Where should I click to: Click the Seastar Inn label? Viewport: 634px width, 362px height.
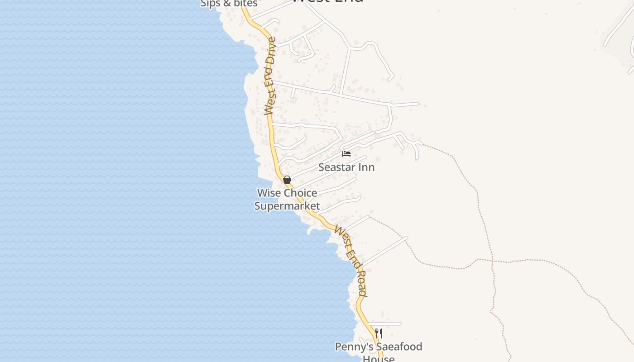pyautogui.click(x=346, y=167)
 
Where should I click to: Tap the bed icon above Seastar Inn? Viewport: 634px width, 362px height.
pyautogui.click(x=346, y=154)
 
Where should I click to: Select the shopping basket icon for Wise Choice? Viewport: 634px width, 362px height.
pyautogui.click(x=287, y=180)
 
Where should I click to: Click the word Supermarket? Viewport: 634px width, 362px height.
pyautogui.click(x=287, y=206)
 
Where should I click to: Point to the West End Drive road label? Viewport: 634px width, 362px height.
pyautogui.click(x=270, y=76)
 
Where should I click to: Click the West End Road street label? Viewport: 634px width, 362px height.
pyautogui.click(x=351, y=261)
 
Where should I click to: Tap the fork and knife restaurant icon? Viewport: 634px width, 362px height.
pyautogui.click(x=379, y=333)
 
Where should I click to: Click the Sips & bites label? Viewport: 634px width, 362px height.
pyautogui.click(x=229, y=4)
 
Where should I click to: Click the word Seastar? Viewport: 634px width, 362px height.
pyautogui.click(x=337, y=167)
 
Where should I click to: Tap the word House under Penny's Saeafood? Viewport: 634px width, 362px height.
pyautogui.click(x=379, y=358)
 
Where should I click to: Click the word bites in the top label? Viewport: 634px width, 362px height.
pyautogui.click(x=245, y=4)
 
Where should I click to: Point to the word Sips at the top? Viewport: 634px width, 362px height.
pyautogui.click(x=210, y=4)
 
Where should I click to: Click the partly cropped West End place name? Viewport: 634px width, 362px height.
pyautogui.click(x=327, y=1)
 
